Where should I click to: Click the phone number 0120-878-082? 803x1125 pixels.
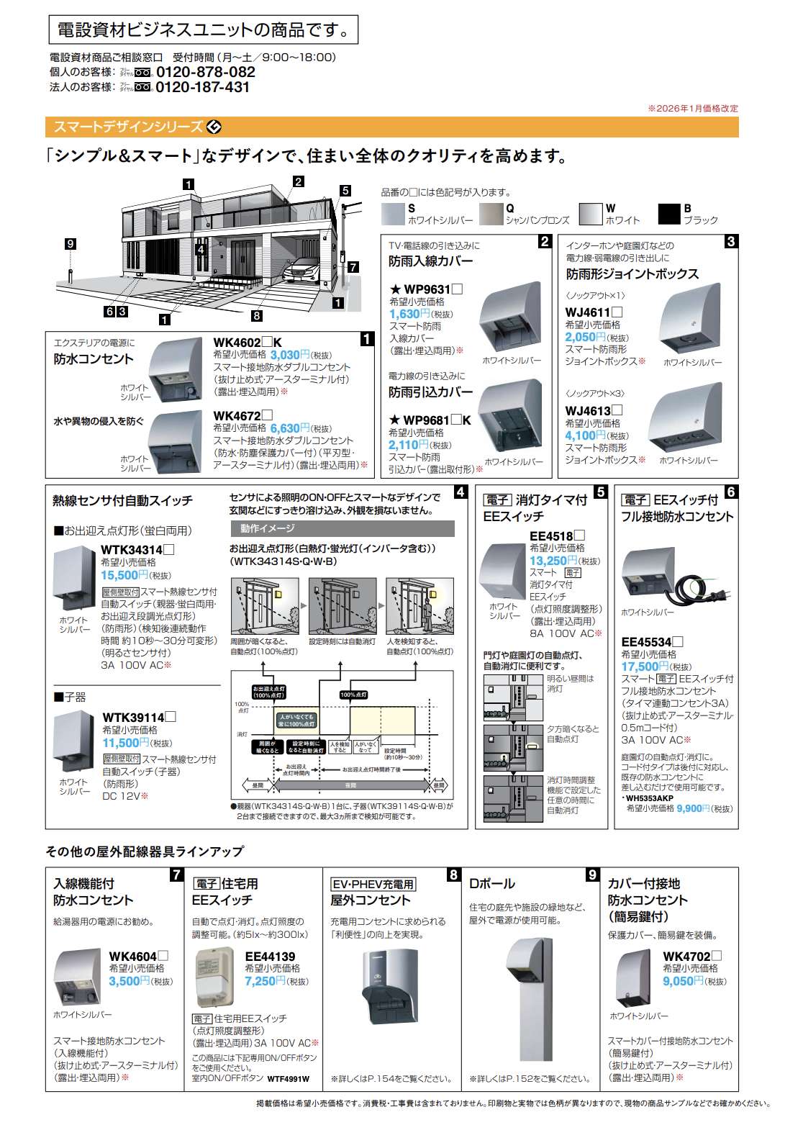click(205, 72)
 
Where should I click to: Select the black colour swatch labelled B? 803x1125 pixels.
click(669, 214)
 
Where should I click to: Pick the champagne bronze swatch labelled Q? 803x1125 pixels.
click(491, 214)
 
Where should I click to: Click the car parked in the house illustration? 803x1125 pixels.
click(301, 271)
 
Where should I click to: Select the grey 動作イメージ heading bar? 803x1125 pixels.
click(342, 528)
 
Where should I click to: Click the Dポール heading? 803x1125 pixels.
click(492, 883)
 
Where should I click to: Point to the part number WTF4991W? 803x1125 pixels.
click(289, 1079)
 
